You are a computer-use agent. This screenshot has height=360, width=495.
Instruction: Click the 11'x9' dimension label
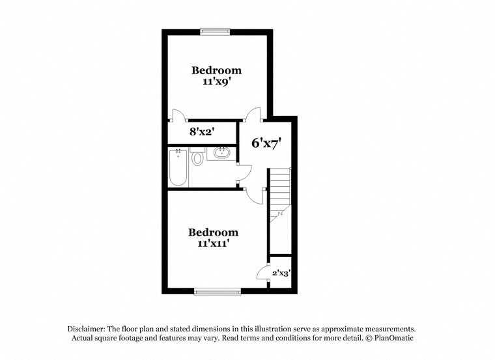pos(216,82)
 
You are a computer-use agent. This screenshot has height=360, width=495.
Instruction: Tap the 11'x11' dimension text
pos(213,243)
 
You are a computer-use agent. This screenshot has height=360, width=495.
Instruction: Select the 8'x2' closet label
pos(202,132)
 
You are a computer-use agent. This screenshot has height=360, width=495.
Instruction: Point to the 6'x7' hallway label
pos(266,143)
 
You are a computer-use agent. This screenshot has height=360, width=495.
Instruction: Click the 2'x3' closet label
pos(281,273)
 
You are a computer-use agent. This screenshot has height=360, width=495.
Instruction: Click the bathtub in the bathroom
pos(178,167)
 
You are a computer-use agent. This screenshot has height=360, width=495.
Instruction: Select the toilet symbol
pos(197,158)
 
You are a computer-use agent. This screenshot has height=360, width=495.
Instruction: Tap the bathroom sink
pos(221,154)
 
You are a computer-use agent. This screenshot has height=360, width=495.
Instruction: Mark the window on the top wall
pos(215,30)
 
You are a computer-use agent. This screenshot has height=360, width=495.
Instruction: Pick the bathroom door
pos(244,171)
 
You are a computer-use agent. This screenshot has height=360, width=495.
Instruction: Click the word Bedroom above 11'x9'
pos(216,70)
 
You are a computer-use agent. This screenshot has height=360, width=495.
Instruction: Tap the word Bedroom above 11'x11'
pos(213,232)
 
